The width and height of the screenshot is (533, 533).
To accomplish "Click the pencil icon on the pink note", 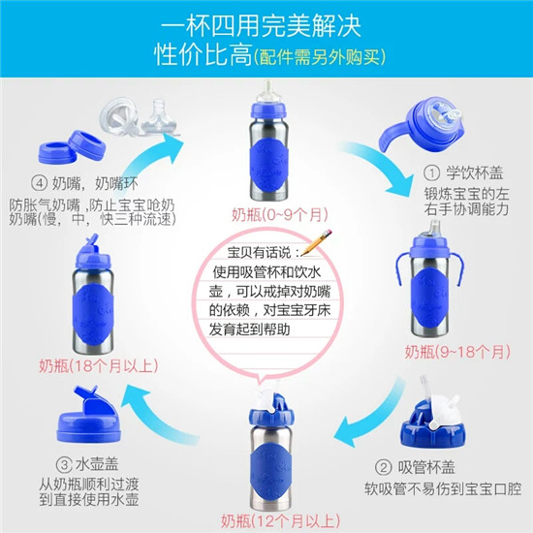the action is (x=317, y=242).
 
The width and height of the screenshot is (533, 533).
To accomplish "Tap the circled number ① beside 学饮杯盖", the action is (x=431, y=173).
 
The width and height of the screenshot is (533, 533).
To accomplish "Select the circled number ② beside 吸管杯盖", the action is (x=384, y=468).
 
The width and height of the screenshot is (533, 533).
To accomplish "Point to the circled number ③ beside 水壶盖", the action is (x=64, y=464).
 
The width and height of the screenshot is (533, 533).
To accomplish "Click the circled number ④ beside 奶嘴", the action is (x=39, y=184).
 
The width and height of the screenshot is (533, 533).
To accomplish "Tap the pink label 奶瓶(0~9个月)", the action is (x=280, y=215).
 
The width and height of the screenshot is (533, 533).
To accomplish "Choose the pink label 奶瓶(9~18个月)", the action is (x=457, y=352).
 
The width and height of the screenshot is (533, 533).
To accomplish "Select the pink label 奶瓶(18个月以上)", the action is (x=99, y=365).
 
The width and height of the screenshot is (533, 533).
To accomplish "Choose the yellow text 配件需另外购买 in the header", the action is (x=320, y=56).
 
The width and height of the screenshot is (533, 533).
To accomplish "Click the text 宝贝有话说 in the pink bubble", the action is (x=259, y=253).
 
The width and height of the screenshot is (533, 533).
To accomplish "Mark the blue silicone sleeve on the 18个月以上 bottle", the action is (x=93, y=313).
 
